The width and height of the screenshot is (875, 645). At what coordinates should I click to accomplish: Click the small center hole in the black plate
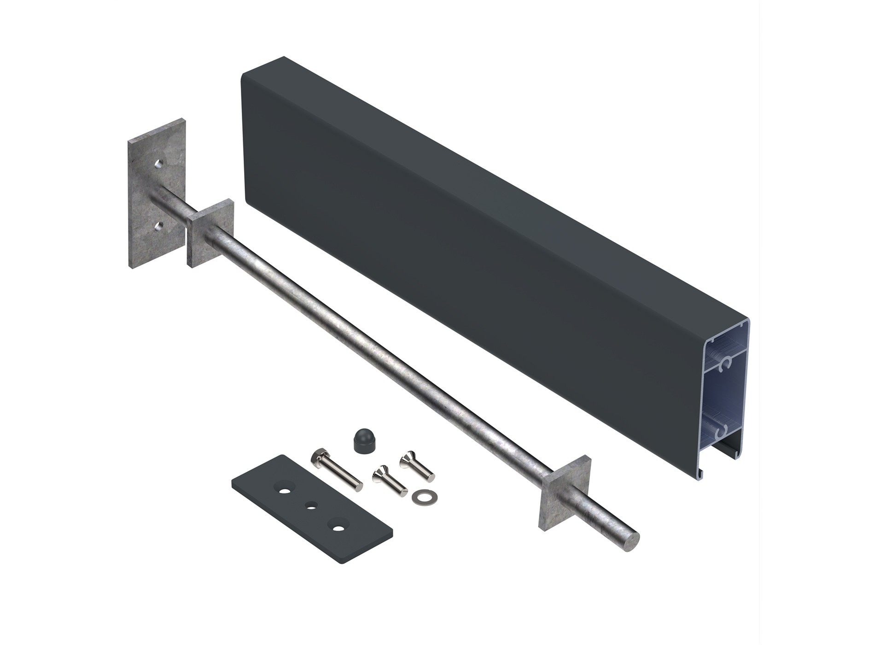coord(312,507)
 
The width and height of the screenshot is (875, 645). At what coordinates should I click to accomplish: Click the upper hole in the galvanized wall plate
coord(158,163)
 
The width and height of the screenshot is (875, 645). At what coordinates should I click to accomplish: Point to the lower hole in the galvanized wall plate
coord(158,225)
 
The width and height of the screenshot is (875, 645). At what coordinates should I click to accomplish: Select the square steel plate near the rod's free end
coord(564,496)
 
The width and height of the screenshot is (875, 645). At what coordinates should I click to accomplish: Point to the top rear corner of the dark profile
coord(284,58)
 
